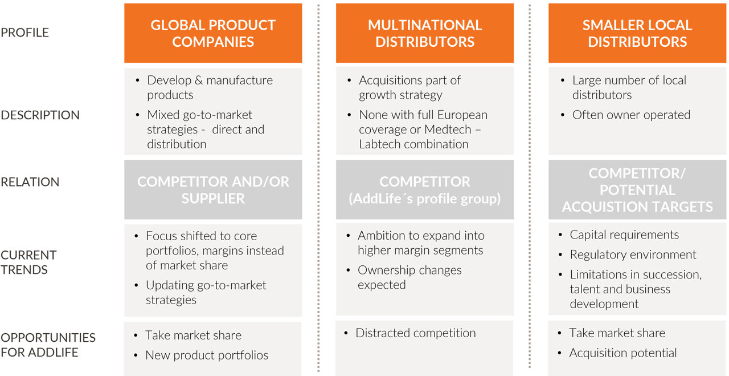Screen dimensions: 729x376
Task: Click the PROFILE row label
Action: [x=24, y=33]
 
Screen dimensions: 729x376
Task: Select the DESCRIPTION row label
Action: [x=40, y=115]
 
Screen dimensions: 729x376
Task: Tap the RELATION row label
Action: [x=30, y=182]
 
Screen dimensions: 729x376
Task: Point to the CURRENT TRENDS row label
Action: [x=28, y=262]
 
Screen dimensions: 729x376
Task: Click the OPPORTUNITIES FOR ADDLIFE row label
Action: [x=48, y=345]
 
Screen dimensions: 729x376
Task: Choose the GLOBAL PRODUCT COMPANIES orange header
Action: [x=213, y=33]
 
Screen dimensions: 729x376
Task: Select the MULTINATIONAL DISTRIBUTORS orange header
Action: [x=425, y=33]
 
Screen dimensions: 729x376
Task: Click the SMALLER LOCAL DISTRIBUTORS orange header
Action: [x=637, y=33]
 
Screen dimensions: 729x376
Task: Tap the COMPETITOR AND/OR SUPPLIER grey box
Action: [x=213, y=189]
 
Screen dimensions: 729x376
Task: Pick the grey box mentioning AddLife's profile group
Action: [x=425, y=189]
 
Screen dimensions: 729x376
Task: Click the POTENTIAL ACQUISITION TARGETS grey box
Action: [x=637, y=189]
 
